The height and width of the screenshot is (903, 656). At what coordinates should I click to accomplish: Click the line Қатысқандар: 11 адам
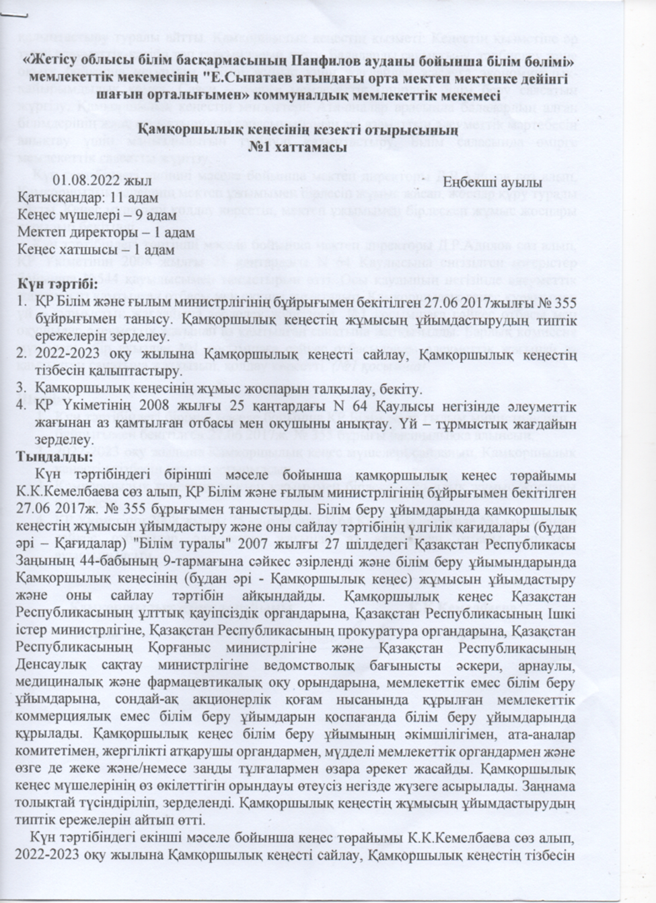click(x=87, y=199)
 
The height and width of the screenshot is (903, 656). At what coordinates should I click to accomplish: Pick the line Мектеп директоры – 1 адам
click(x=96, y=232)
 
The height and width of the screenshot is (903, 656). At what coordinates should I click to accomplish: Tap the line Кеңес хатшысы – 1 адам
click(x=86, y=249)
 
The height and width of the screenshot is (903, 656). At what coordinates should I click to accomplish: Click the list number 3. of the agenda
click(x=22, y=389)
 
